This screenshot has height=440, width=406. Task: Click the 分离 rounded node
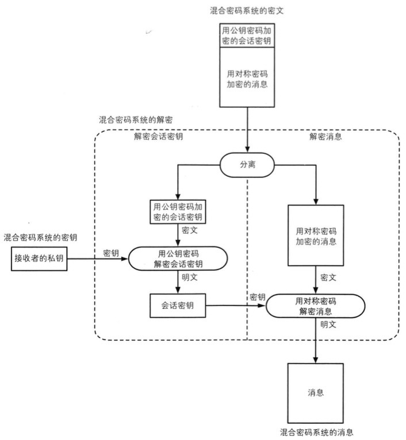coord(247,165)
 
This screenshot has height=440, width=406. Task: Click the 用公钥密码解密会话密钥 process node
coord(179,258)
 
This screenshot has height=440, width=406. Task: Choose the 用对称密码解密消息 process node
coord(316,306)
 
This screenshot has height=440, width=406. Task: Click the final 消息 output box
coord(315,393)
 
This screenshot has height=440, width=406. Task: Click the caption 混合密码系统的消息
coord(316,431)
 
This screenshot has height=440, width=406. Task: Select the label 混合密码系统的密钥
coord(40,237)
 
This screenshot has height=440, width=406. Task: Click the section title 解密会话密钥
coord(157,138)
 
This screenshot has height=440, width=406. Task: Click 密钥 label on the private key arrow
coord(111,252)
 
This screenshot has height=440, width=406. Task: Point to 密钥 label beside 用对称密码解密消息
coord(257,296)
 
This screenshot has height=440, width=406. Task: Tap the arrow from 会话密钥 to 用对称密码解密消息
coord(236,306)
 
